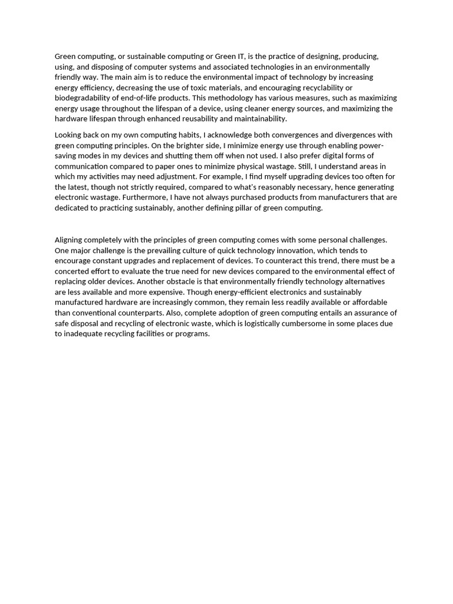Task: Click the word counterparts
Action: click(140, 313)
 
